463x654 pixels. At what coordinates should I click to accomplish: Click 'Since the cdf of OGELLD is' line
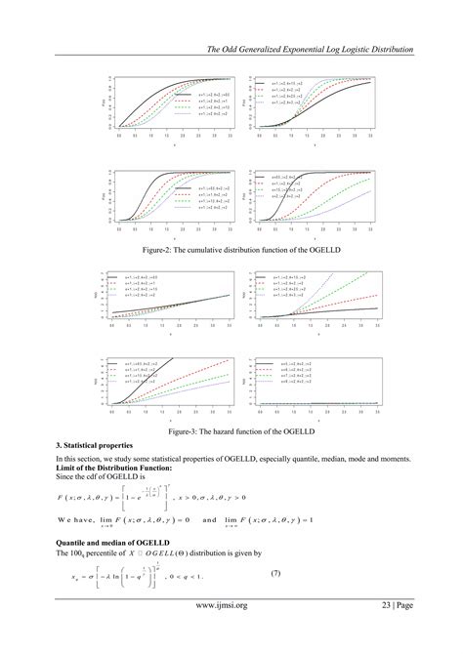pyautogui.click(x=99, y=475)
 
